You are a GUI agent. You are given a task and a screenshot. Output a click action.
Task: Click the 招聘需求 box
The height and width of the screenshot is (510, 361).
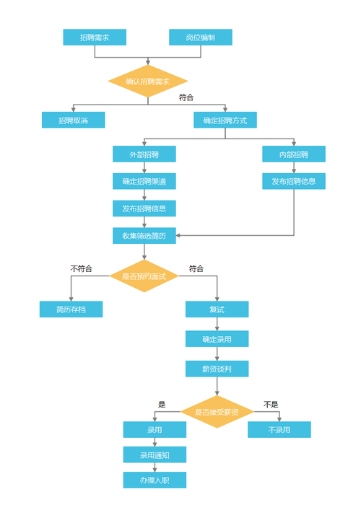(x=95, y=38)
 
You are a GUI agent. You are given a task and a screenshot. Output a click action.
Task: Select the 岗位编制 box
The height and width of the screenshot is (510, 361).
(x=201, y=38)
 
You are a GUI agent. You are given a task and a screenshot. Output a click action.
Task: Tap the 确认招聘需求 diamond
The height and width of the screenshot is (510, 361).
(x=148, y=82)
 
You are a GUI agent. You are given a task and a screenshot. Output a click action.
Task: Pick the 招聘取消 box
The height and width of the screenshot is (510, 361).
(x=73, y=120)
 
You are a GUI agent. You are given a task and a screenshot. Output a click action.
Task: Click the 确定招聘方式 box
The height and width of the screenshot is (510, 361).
(x=225, y=120)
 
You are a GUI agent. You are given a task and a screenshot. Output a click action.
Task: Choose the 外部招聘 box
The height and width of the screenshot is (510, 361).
(x=144, y=154)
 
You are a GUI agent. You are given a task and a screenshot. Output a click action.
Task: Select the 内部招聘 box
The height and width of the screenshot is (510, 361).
(x=294, y=154)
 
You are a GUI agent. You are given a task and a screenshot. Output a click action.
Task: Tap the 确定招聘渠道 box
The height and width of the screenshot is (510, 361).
(x=144, y=181)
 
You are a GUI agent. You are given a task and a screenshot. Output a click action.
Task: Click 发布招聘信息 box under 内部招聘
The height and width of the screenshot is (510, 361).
(x=294, y=181)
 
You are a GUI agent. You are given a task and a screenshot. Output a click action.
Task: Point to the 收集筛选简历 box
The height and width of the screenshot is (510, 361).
(x=144, y=236)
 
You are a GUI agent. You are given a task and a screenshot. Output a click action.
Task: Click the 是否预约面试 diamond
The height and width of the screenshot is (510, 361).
(x=144, y=276)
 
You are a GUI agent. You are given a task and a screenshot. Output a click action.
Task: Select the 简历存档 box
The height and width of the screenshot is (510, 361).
(x=71, y=309)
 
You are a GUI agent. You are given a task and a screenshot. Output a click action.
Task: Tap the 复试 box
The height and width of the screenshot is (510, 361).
(x=217, y=309)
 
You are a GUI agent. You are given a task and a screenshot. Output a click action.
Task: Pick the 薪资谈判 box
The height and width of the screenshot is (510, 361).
(x=217, y=369)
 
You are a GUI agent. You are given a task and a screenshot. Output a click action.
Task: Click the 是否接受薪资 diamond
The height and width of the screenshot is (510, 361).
(x=217, y=412)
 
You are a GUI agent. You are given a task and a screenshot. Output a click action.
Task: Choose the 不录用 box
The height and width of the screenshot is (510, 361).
(x=279, y=430)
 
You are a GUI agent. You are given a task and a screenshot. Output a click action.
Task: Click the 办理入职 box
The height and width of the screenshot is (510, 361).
(x=155, y=480)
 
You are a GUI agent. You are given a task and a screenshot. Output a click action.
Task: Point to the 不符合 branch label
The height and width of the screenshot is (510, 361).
(x=81, y=268)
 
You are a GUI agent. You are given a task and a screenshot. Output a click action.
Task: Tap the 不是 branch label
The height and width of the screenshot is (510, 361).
(x=271, y=405)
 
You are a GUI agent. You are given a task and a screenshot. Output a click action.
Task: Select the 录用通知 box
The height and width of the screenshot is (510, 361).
(x=155, y=455)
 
